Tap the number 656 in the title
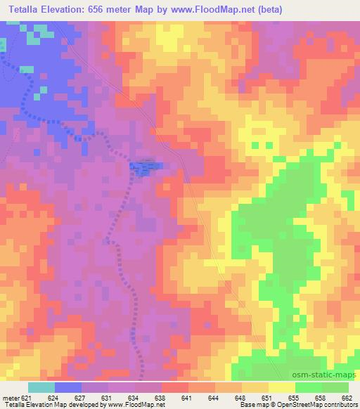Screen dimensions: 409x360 pyautogui.click(x=112, y=9)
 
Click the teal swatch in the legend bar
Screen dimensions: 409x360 pyautogui.click(x=41, y=387)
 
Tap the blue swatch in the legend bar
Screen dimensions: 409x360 pyautogui.click(x=68, y=387)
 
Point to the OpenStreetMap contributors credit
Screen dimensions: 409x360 pyautogui.click(x=314, y=404)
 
